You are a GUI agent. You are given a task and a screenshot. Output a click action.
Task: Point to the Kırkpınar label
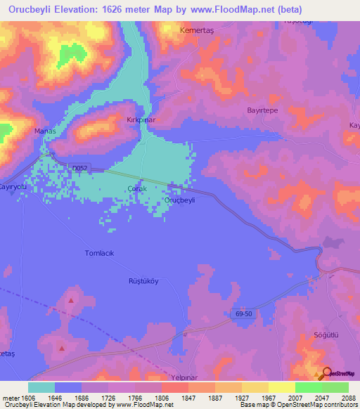coord(140,120)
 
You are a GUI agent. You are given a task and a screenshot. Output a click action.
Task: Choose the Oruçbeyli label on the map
coord(179,200)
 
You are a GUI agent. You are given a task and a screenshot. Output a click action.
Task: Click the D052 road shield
coord(80,167)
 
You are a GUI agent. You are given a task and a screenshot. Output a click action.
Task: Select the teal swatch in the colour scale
coord(41,387)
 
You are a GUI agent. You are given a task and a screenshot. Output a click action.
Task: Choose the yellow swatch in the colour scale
coord(282,387)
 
